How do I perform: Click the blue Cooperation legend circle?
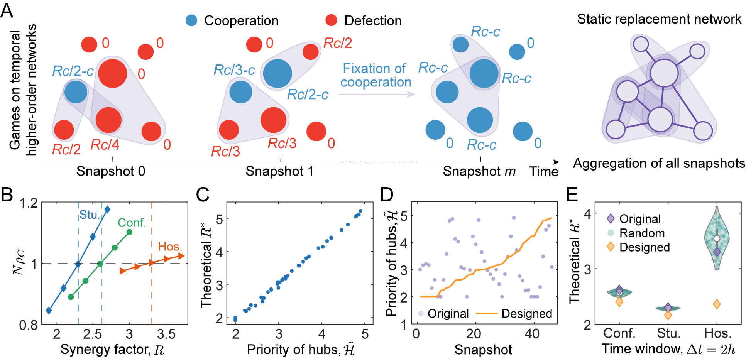click(191, 20)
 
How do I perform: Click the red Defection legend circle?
click(331, 20)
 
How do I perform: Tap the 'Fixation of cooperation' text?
click(376, 75)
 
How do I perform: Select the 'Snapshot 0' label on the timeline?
click(111, 171)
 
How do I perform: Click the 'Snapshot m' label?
click(479, 171)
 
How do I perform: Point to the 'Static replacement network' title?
click(659, 19)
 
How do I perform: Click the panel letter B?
click(7, 195)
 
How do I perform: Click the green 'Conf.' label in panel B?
click(132, 223)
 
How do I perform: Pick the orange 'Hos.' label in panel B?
click(170, 247)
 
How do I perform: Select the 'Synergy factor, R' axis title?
click(112, 350)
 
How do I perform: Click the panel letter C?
click(203, 195)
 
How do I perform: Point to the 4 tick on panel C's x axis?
click(322, 334)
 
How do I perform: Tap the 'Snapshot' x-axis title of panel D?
click(483, 350)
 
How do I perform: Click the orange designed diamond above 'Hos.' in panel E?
click(717, 304)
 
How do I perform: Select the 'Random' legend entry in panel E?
click(642, 233)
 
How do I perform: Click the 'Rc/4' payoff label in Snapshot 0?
click(105, 145)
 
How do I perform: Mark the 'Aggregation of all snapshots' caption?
click(659, 164)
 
